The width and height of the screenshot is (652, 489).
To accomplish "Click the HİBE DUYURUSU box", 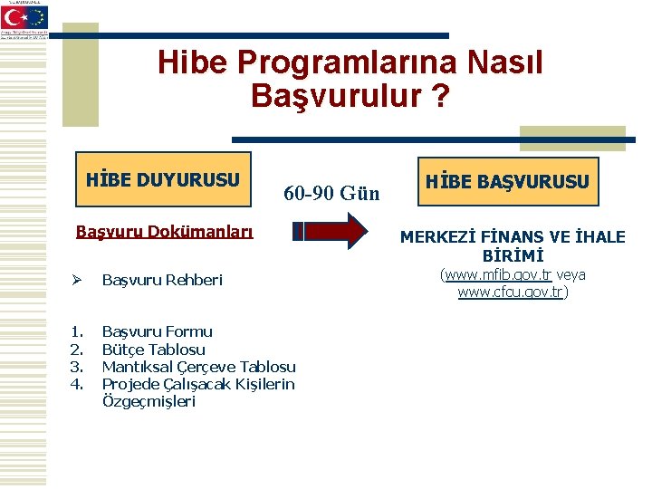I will (163, 178).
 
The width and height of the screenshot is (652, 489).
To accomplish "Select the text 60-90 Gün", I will (331, 193).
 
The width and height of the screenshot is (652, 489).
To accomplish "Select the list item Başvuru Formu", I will (157, 331).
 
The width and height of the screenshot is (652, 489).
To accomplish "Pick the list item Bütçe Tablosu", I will (153, 349).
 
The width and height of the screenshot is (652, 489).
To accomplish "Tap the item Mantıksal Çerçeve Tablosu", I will (198, 367).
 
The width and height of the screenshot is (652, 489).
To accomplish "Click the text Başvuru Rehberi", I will (161, 280).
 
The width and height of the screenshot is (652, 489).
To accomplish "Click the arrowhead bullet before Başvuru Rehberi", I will (81, 280).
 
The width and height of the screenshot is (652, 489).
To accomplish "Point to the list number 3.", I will (78, 367).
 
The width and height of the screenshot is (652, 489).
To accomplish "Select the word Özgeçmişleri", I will (149, 401).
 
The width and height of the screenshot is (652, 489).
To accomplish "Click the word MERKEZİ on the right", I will (439, 237).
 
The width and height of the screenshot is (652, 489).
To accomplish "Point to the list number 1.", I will (78, 331).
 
